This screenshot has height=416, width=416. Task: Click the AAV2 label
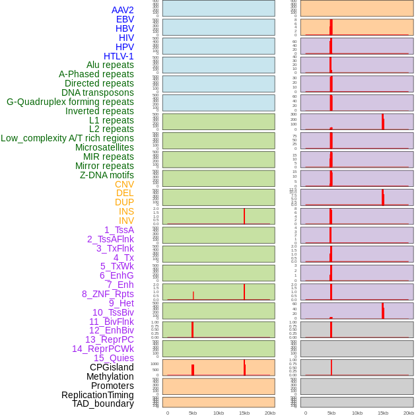(x=122, y=10)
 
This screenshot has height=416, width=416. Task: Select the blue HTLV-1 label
(x=118, y=56)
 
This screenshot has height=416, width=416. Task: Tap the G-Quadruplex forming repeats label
(x=70, y=102)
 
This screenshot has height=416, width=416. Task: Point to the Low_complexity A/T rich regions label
(x=67, y=138)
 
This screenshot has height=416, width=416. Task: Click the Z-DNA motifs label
(x=106, y=175)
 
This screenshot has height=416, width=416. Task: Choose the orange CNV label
(x=124, y=184)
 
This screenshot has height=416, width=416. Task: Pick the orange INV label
(x=126, y=221)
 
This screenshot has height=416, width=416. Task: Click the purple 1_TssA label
(x=119, y=230)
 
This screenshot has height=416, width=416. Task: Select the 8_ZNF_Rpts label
(x=108, y=294)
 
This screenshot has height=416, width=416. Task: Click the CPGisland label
(x=112, y=367)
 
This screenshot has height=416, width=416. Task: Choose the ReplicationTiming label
(x=97, y=395)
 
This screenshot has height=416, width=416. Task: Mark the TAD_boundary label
(x=102, y=403)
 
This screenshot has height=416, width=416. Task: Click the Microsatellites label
(x=104, y=147)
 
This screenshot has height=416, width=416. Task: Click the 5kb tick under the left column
(x=193, y=413)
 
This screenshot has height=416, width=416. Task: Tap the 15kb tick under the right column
(x=383, y=413)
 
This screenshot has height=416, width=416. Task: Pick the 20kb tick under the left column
(x=269, y=413)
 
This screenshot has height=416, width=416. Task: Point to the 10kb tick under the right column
(x=357, y=413)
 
